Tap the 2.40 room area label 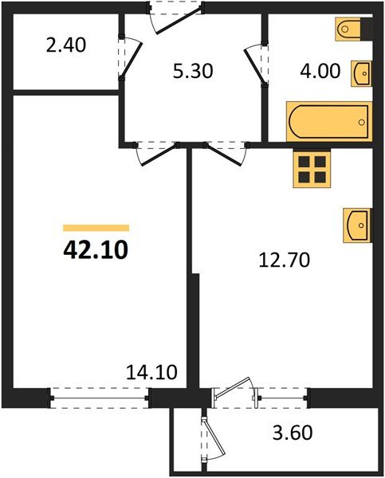coord(66,45)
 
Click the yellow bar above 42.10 coord(96,228)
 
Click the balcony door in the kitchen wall coord(235,395)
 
